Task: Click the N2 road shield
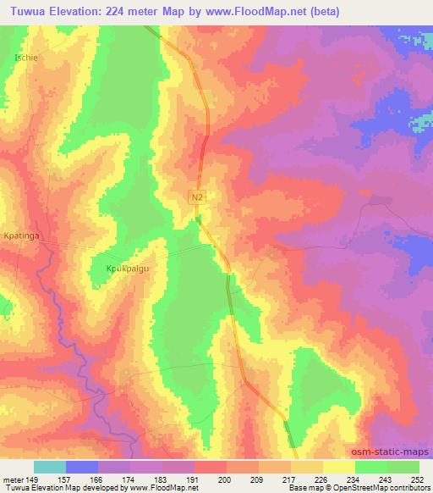point(197,197)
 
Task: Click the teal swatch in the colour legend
point(50,467)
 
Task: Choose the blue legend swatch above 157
point(82,467)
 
